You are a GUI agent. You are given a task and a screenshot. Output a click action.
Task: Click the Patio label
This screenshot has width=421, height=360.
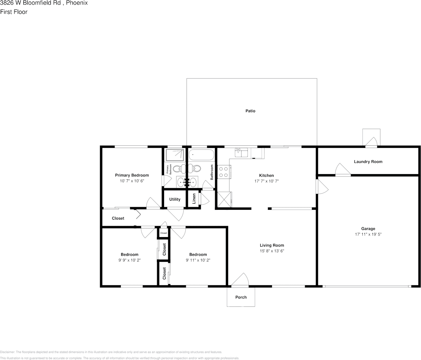click(x=250, y=111)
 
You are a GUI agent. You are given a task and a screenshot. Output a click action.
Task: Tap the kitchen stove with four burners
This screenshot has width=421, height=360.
click(x=223, y=171)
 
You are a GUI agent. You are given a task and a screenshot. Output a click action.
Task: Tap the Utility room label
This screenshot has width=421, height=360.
click(x=175, y=200)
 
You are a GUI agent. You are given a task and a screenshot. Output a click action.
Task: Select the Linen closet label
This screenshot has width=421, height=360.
click(x=194, y=198)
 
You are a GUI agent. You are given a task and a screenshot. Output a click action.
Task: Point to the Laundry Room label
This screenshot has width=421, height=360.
click(x=368, y=162)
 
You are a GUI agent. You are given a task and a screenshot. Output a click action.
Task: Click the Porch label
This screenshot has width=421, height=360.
click(x=241, y=297)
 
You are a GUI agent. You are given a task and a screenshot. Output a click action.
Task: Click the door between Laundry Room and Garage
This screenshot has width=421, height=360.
click(x=343, y=170)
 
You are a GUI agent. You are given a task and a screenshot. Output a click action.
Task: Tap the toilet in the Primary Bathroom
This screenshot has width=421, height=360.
click(x=182, y=168)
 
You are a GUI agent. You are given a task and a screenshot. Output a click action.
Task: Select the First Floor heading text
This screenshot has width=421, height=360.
click(x=14, y=12)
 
